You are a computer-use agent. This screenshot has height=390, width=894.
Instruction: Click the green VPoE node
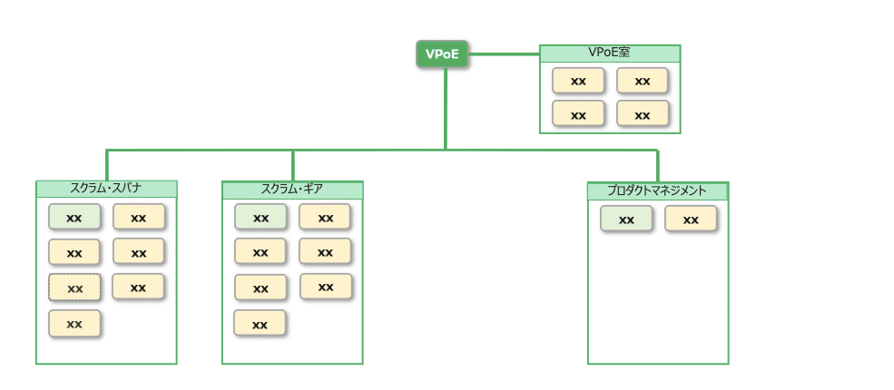(x=442, y=54)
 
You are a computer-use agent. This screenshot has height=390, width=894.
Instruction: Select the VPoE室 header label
(x=609, y=53)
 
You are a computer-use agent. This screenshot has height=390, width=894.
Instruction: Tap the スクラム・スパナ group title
(x=106, y=189)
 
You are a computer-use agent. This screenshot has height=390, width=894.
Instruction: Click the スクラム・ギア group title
(x=292, y=190)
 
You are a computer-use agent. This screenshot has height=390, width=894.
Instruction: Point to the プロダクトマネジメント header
(x=657, y=191)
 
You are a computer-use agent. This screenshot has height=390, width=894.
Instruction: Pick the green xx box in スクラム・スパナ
(x=74, y=218)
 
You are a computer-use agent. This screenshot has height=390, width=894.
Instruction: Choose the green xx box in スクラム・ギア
(x=260, y=218)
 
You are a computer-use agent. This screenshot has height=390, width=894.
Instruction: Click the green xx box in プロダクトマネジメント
(x=626, y=219)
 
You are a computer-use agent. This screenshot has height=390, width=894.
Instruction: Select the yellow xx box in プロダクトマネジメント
(x=691, y=219)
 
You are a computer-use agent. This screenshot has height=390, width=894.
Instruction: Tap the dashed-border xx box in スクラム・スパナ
(x=74, y=288)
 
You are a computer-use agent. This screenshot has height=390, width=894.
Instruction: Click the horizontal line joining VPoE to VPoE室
(x=504, y=54)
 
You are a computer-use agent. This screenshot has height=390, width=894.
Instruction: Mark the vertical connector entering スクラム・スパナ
(x=107, y=165)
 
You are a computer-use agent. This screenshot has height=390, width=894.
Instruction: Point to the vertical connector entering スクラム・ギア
(x=293, y=165)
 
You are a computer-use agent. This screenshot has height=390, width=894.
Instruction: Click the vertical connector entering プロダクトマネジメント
(x=658, y=165)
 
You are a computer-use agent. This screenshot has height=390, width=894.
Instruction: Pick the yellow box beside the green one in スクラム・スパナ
(x=139, y=218)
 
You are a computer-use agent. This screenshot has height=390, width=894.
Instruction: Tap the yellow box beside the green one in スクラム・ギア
(x=325, y=218)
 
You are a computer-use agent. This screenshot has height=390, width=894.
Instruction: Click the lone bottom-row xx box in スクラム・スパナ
(x=74, y=323)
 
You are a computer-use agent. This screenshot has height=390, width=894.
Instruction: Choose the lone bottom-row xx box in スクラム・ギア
(x=260, y=324)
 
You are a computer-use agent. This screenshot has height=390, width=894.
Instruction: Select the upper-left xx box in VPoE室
(x=578, y=81)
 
